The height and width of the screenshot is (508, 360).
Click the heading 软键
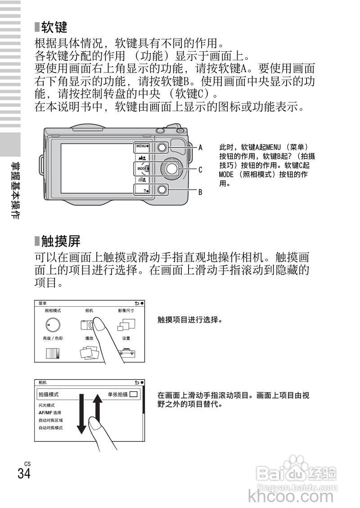coord(54,28)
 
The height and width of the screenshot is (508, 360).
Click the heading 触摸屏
coord(60,241)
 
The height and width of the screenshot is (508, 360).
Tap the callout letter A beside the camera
coord(201,147)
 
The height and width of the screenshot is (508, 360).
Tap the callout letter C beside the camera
coord(201,170)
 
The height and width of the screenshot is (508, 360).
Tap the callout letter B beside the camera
coord(201,192)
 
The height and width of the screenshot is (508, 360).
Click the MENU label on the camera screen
coord(142,146)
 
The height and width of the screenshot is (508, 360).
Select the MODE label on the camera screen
coord(143,168)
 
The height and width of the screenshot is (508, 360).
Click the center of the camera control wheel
coord(171,168)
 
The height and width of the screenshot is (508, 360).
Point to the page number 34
coord(24,474)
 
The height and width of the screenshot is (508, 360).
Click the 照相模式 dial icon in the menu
coord(52,325)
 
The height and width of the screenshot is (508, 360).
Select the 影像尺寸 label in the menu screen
coord(126,311)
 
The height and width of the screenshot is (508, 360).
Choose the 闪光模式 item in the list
coord(47,405)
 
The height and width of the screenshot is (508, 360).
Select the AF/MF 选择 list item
coord(50,413)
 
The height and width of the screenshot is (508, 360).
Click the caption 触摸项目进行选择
coord(190,320)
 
